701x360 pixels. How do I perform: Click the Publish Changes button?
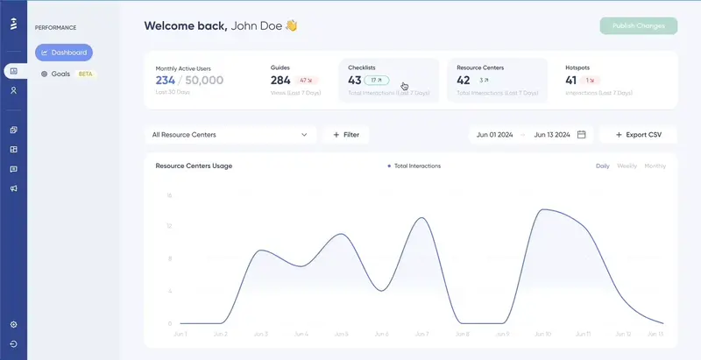click(639, 25)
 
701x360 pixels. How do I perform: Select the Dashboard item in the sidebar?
click(64, 53)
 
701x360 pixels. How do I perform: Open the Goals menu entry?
click(60, 74)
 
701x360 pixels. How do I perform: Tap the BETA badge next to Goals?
click(86, 74)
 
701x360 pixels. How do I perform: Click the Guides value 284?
click(281, 81)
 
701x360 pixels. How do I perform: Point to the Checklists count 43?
click(355, 81)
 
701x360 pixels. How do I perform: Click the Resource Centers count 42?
click(464, 81)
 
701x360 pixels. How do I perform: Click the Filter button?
click(346, 135)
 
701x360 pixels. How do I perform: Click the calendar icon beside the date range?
click(581, 135)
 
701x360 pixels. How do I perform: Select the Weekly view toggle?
click(627, 166)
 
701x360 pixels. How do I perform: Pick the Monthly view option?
click(655, 166)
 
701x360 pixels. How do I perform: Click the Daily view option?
click(602, 166)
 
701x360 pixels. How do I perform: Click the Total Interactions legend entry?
click(416, 166)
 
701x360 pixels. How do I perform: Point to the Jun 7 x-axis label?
click(421, 334)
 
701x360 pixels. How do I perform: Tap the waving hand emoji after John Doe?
click(291, 25)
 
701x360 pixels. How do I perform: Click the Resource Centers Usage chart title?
click(193, 166)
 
